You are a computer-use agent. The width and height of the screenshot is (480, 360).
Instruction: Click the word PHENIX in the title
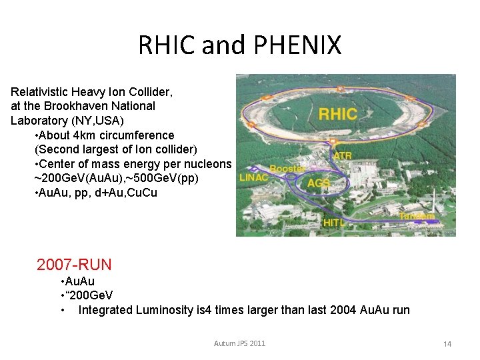(297, 45)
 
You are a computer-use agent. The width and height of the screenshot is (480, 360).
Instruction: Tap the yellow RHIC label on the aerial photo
(337, 113)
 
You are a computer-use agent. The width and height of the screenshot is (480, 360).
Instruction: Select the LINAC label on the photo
(254, 177)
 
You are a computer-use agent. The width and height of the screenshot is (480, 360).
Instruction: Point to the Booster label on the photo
(288, 169)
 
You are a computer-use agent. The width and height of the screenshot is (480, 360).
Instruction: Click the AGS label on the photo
(319, 183)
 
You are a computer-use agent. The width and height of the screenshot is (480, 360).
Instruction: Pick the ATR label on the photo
(342, 156)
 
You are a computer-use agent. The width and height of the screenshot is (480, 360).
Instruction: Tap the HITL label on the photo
(335, 223)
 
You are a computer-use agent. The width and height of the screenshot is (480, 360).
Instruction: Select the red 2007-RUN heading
(74, 265)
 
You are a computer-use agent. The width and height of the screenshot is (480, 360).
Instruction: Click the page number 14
(447, 344)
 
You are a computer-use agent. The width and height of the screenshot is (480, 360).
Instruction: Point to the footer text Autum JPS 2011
(239, 343)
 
